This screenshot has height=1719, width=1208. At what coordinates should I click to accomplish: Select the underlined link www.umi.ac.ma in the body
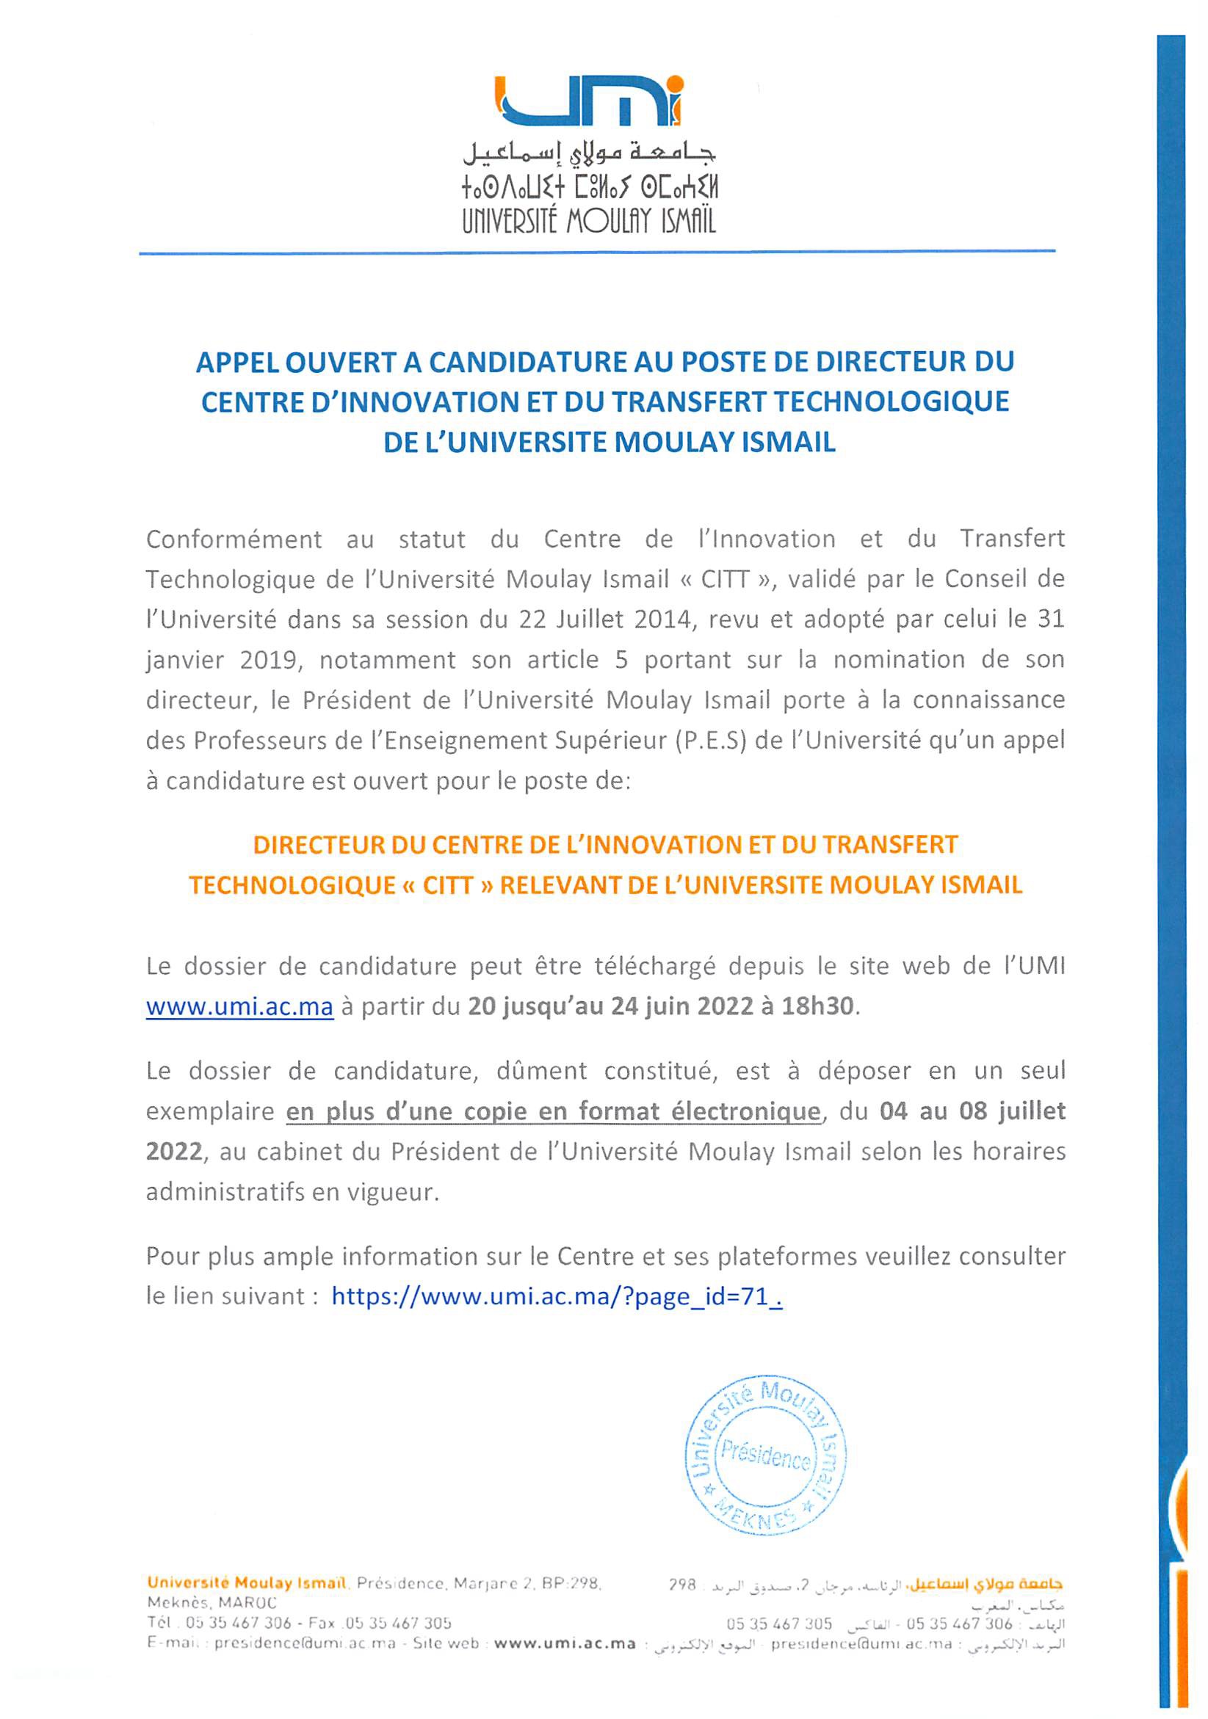tap(239, 1006)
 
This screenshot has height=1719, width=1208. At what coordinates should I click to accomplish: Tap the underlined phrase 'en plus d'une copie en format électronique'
tap(554, 1112)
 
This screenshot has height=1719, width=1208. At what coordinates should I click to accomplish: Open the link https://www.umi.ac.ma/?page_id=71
tap(557, 1296)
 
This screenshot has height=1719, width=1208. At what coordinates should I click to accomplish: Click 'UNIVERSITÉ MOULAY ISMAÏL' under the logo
tap(589, 220)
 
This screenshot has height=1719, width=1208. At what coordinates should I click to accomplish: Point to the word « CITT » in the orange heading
tap(448, 886)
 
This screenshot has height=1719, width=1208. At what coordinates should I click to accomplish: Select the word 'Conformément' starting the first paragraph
tap(234, 539)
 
